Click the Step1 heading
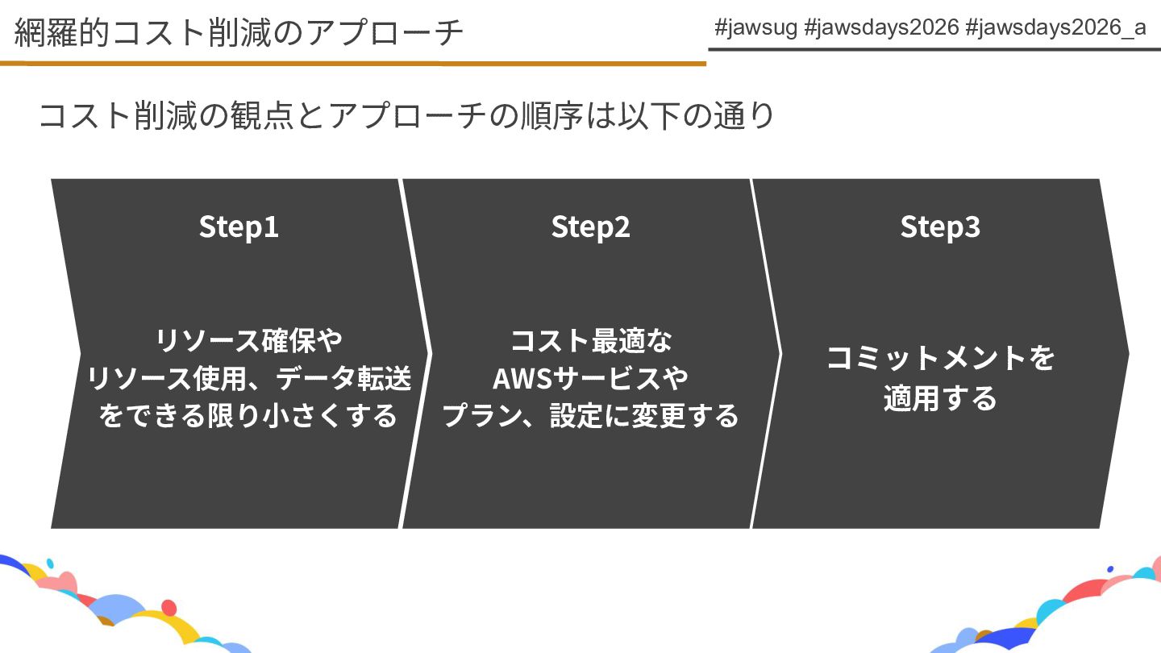[x=239, y=227]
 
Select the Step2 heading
[x=590, y=227]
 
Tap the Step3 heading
[x=940, y=227]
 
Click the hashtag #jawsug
[x=755, y=27]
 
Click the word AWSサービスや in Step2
[x=590, y=377]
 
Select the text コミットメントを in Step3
[x=940, y=357]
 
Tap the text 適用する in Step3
[x=940, y=398]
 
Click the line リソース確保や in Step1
[x=248, y=339]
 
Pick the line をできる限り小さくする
[x=248, y=415]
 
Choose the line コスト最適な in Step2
[x=590, y=339]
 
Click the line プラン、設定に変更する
[x=590, y=415]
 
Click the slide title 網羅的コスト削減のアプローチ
[x=239, y=32]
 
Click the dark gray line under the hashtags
[x=934, y=49]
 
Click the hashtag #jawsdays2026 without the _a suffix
[x=882, y=27]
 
